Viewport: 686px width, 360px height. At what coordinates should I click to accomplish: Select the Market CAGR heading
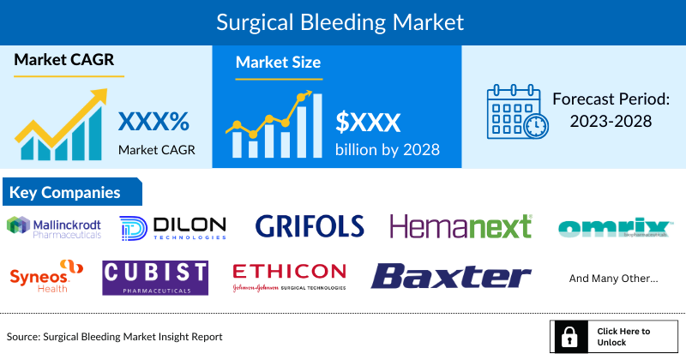tap(63, 61)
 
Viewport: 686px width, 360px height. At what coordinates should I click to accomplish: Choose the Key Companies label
tap(65, 192)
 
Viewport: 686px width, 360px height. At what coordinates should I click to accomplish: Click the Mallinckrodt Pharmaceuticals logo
tap(55, 226)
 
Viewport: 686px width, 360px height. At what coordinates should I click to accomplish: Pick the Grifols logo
tap(310, 226)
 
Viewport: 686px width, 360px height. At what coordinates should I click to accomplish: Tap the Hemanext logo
tap(461, 226)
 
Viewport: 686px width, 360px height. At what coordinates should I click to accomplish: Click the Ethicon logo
tap(290, 276)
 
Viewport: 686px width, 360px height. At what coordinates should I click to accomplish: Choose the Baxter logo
tap(451, 276)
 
